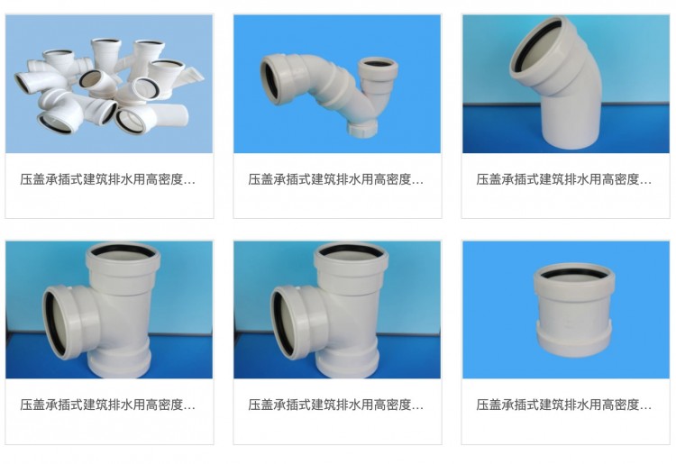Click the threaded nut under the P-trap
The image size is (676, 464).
pyautogui.click(x=362, y=128)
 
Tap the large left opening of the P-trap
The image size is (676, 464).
pyautogui.click(x=272, y=80)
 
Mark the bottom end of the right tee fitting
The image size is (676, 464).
pyautogui.click(x=347, y=365)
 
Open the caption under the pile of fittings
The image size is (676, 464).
pyautogui.click(x=108, y=179)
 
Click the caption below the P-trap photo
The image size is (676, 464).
pyautogui.click(x=336, y=179)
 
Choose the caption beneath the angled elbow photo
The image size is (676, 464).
pyautogui.click(x=564, y=179)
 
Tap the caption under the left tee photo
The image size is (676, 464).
pyautogui.click(x=108, y=405)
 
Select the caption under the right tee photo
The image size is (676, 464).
pyautogui.click(x=336, y=405)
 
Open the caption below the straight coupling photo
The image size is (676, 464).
pyautogui.click(x=564, y=405)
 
